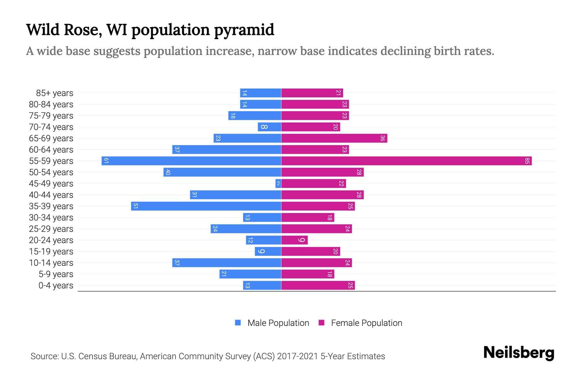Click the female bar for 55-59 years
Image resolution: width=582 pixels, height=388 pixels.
click(406, 161)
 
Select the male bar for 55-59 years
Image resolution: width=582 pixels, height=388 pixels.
click(191, 161)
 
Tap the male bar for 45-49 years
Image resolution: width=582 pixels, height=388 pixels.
click(278, 183)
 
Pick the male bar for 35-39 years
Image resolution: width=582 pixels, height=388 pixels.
click(206, 206)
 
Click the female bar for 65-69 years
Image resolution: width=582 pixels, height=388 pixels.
click(334, 138)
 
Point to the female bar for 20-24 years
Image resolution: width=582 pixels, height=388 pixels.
click(294, 240)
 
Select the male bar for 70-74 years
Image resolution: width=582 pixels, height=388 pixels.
click(269, 127)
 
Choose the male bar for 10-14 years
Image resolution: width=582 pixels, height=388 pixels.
click(227, 263)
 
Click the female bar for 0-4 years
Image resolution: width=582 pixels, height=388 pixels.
click(318, 285)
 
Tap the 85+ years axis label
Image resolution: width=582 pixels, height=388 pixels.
click(55, 93)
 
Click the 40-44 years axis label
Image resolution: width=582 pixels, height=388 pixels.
click(51, 195)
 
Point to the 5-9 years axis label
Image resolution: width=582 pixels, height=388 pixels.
click(56, 274)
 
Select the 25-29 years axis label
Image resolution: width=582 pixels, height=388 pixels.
click(51, 229)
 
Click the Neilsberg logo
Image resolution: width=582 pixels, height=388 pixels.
click(519, 353)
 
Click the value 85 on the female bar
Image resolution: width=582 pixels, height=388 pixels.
click(527, 161)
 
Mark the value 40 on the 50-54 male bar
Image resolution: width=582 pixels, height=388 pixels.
click(168, 172)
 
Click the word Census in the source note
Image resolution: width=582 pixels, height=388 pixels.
click(92, 356)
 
